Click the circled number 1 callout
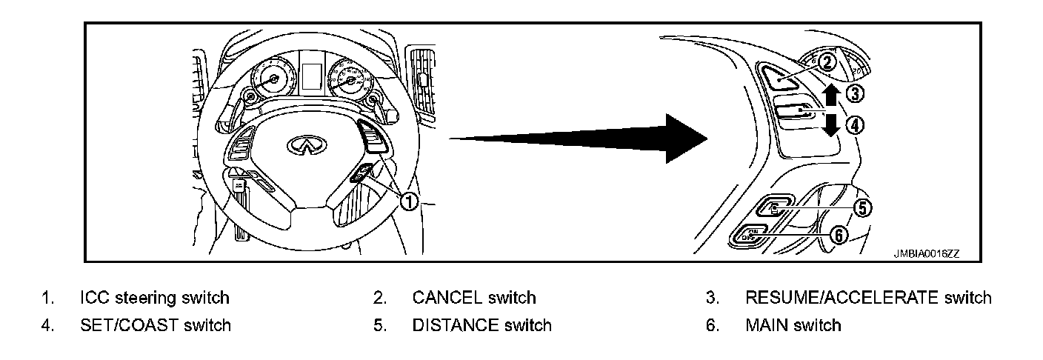pyautogui.click(x=408, y=201)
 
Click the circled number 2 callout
pyautogui.click(x=828, y=63)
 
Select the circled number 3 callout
pyautogui.click(x=855, y=94)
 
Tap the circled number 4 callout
pyautogui.click(x=855, y=125)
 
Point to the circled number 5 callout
pyautogui.click(x=862, y=208)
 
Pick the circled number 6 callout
pyautogui.click(x=836, y=235)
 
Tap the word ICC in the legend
pyautogui.click(x=93, y=298)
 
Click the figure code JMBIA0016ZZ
pyautogui.click(x=925, y=253)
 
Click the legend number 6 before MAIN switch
pyautogui.click(x=712, y=324)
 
